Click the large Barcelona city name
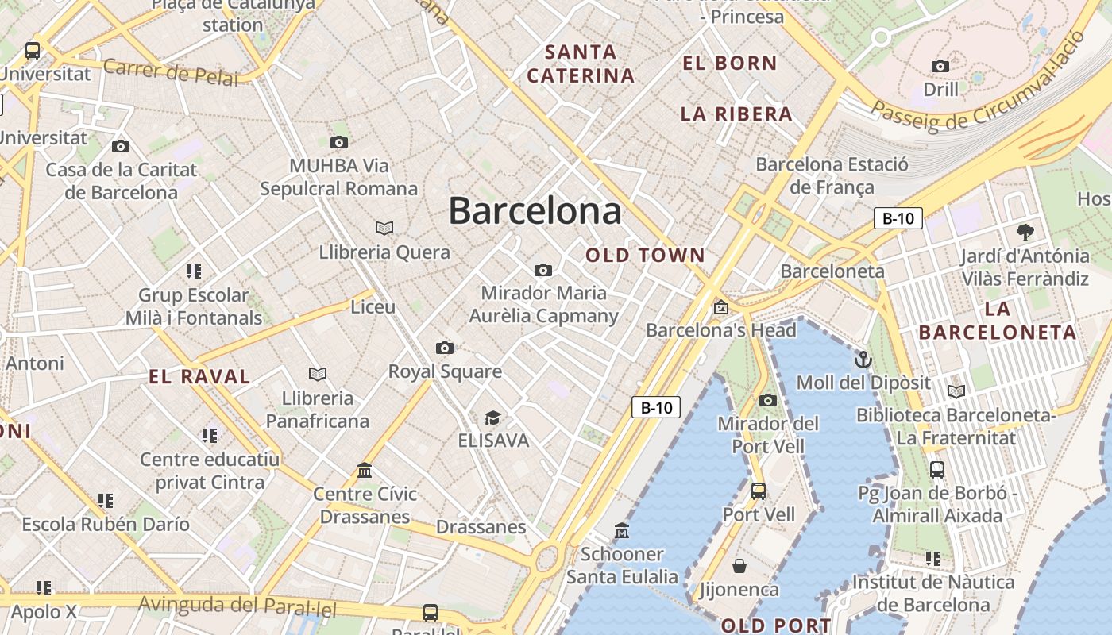tap(535, 211)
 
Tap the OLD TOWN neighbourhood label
tap(645, 256)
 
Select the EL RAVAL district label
tap(199, 377)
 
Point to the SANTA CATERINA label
tap(581, 64)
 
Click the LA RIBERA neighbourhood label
tap(736, 114)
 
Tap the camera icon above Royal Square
tap(445, 348)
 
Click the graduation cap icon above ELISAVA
tap(493, 418)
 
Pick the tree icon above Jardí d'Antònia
tap(1025, 233)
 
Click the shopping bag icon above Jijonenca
tap(739, 566)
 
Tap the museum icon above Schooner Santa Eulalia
tap(622, 530)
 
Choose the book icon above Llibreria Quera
tap(384, 229)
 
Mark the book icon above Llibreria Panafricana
tap(318, 374)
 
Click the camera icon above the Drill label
tap(940, 66)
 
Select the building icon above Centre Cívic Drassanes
tap(365, 471)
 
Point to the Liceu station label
tap(373, 306)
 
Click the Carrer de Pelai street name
tap(170, 72)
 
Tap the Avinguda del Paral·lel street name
tap(237, 607)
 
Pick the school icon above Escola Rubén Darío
tap(106, 501)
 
